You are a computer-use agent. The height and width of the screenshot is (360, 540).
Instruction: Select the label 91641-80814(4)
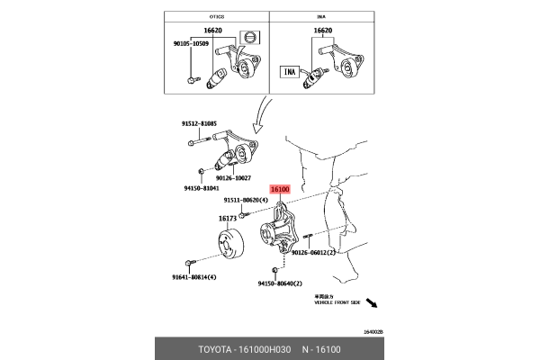tap(194, 278)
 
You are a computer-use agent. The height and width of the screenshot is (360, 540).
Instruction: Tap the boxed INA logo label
tap(290, 69)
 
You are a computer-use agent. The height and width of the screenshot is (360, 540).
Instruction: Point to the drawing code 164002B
tap(373, 331)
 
